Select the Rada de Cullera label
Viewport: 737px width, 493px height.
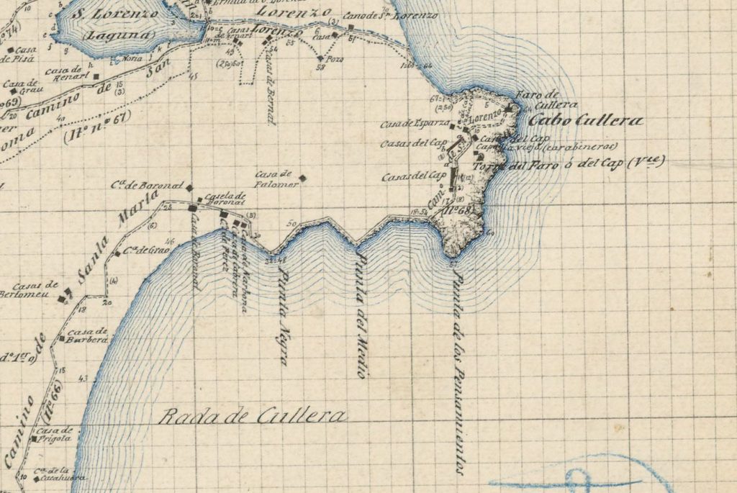[252, 416]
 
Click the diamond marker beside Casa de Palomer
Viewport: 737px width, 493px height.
[303, 178]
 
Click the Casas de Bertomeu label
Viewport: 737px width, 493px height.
[28, 289]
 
